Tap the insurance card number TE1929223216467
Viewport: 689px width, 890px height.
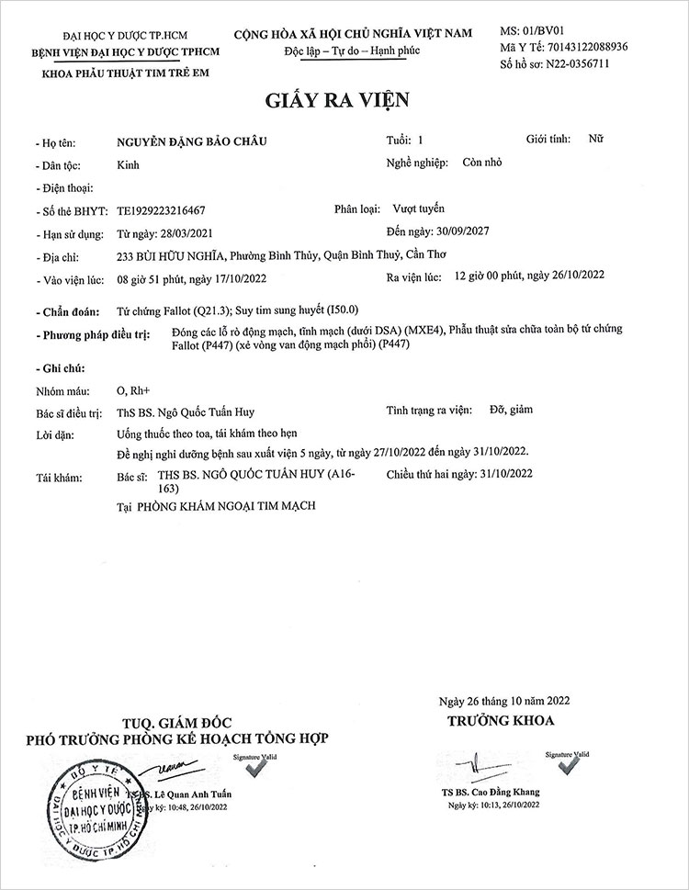point(162,210)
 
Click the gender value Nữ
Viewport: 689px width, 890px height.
point(596,140)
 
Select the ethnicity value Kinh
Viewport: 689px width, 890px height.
point(129,165)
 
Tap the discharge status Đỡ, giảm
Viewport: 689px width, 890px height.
point(512,410)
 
